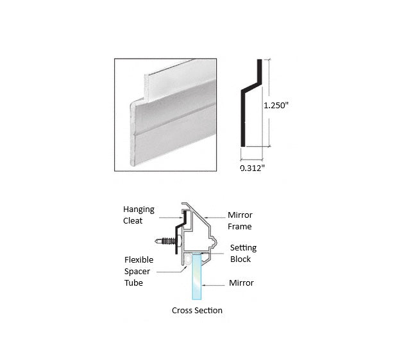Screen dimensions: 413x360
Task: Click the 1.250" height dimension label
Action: coord(276,105)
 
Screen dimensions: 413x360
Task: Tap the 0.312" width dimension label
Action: coord(252,168)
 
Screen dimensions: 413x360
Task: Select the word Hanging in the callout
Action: coord(139,209)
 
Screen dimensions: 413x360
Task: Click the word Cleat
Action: coord(133,220)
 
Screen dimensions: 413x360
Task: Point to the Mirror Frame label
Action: coord(240,220)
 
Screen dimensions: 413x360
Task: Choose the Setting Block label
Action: coord(243,253)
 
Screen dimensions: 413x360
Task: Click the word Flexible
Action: coord(139,259)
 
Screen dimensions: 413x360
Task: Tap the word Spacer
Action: coord(137,272)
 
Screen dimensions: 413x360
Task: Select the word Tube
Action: coord(133,283)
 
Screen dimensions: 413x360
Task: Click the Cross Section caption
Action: coord(197,310)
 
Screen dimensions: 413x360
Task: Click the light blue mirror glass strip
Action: coord(197,276)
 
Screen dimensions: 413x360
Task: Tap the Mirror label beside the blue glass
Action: coord(241,283)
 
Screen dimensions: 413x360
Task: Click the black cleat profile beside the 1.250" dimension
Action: coord(243,119)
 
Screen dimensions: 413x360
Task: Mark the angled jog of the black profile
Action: coord(251,88)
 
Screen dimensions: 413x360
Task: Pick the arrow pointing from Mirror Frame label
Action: coord(214,218)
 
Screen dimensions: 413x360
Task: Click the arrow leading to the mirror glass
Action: coord(214,285)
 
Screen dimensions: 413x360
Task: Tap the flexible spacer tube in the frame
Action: coord(187,259)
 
